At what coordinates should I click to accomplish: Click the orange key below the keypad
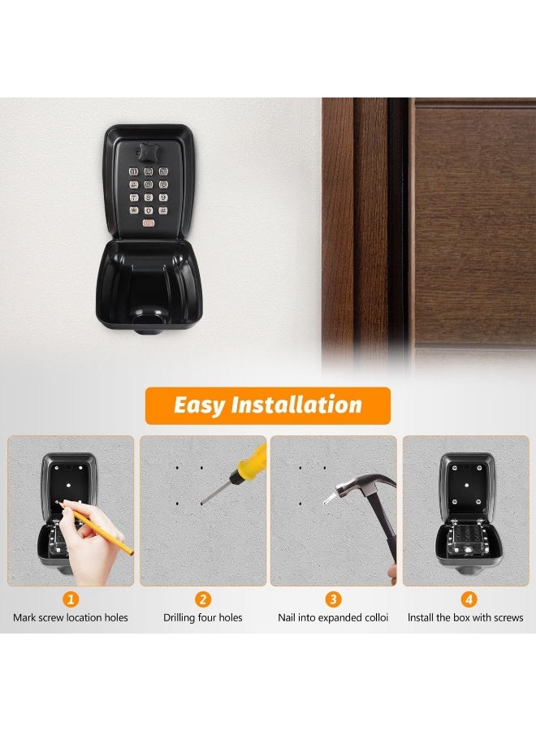point(148,223)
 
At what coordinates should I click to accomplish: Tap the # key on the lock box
point(162,210)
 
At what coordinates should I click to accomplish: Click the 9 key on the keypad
point(162,197)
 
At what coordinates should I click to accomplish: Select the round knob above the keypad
point(148,153)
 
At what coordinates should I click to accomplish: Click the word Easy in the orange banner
point(200,404)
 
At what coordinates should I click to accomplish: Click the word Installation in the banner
point(296,404)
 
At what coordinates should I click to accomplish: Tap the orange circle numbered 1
point(71,600)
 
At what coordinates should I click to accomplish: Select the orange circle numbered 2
point(203,600)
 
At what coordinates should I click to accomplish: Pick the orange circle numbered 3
point(333,600)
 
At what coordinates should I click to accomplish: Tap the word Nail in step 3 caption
point(288,618)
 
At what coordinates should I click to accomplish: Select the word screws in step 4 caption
point(508,618)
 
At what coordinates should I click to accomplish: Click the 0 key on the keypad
point(148,210)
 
